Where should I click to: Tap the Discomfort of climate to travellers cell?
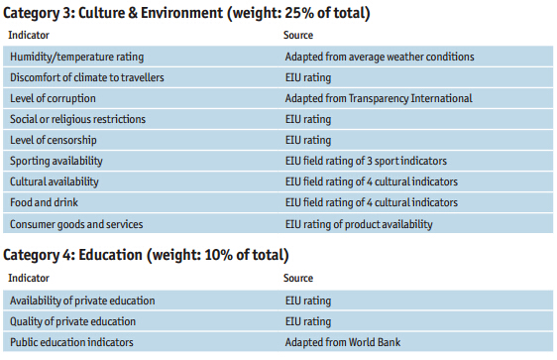[x=86, y=77]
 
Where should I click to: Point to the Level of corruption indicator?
[x=55, y=98]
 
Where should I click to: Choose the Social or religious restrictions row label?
[x=77, y=119]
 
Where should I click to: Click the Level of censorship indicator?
[x=56, y=140]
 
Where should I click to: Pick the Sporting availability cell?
[x=56, y=161]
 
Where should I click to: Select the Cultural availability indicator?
[x=55, y=181]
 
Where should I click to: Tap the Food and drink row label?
[x=41, y=202]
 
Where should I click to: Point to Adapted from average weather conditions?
[x=379, y=57]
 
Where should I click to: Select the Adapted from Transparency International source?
[x=379, y=98]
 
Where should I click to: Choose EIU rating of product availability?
[x=359, y=223]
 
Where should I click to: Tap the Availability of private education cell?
[x=82, y=300]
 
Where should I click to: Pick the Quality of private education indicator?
[x=74, y=321]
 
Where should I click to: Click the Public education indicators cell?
[x=70, y=342]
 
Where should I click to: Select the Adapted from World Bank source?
[x=343, y=342]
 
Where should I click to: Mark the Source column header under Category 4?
[x=299, y=279]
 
